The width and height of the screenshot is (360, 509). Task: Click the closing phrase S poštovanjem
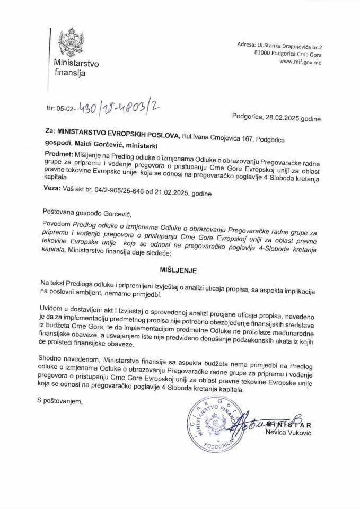pos(60,401)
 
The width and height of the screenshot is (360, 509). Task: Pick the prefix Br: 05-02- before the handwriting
pos(60,110)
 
